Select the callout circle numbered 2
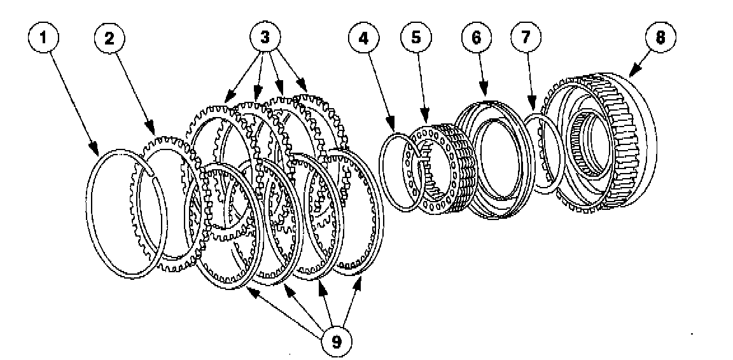click(x=109, y=38)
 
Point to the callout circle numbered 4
click(x=363, y=38)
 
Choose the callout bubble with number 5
click(x=415, y=38)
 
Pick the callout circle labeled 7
click(x=524, y=38)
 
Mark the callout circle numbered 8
click(x=660, y=38)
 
